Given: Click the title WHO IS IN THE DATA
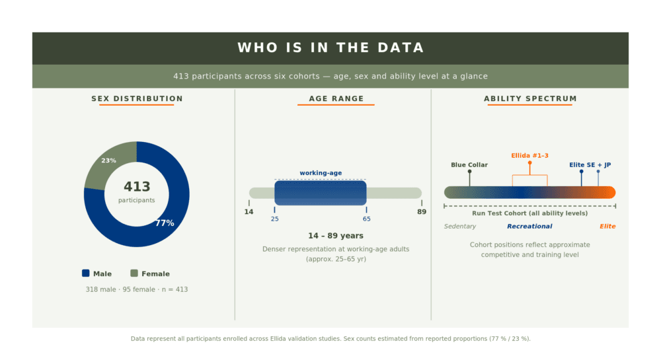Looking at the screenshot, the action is (x=330, y=48).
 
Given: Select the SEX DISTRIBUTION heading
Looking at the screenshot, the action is (x=137, y=98).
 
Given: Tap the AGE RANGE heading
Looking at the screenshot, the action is (x=336, y=98).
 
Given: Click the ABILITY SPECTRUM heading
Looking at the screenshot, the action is (x=530, y=98).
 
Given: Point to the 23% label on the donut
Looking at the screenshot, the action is (x=108, y=161).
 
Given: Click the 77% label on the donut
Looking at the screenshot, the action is (x=165, y=223).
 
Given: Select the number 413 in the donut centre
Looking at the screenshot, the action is (x=137, y=186).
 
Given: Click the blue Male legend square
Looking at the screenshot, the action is (x=85, y=273).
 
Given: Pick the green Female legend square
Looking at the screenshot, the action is (x=134, y=273).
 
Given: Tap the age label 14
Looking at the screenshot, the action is (x=249, y=212).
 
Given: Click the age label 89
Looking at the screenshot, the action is (x=422, y=212).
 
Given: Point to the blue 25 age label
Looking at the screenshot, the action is (x=274, y=219).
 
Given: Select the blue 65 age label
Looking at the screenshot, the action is (x=366, y=219).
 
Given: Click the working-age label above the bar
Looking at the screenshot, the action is (x=321, y=172).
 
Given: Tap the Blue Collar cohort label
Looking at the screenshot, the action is (x=469, y=164).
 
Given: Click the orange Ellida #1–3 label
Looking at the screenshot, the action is (x=530, y=155).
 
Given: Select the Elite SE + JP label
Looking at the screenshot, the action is (x=590, y=164).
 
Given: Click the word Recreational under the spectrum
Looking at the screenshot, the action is (x=529, y=226).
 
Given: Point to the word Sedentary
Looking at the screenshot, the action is (x=460, y=226).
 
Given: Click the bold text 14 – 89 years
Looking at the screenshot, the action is (x=336, y=236).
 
